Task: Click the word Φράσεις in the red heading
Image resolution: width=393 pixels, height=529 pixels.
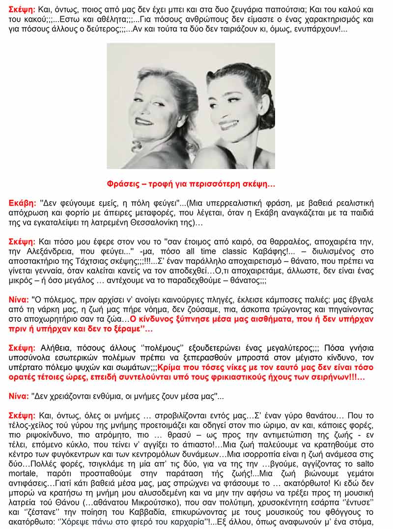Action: point(123,184)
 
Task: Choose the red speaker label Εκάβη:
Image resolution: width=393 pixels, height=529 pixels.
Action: point(23,202)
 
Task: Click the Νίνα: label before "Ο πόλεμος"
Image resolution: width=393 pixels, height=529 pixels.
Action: point(19,299)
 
